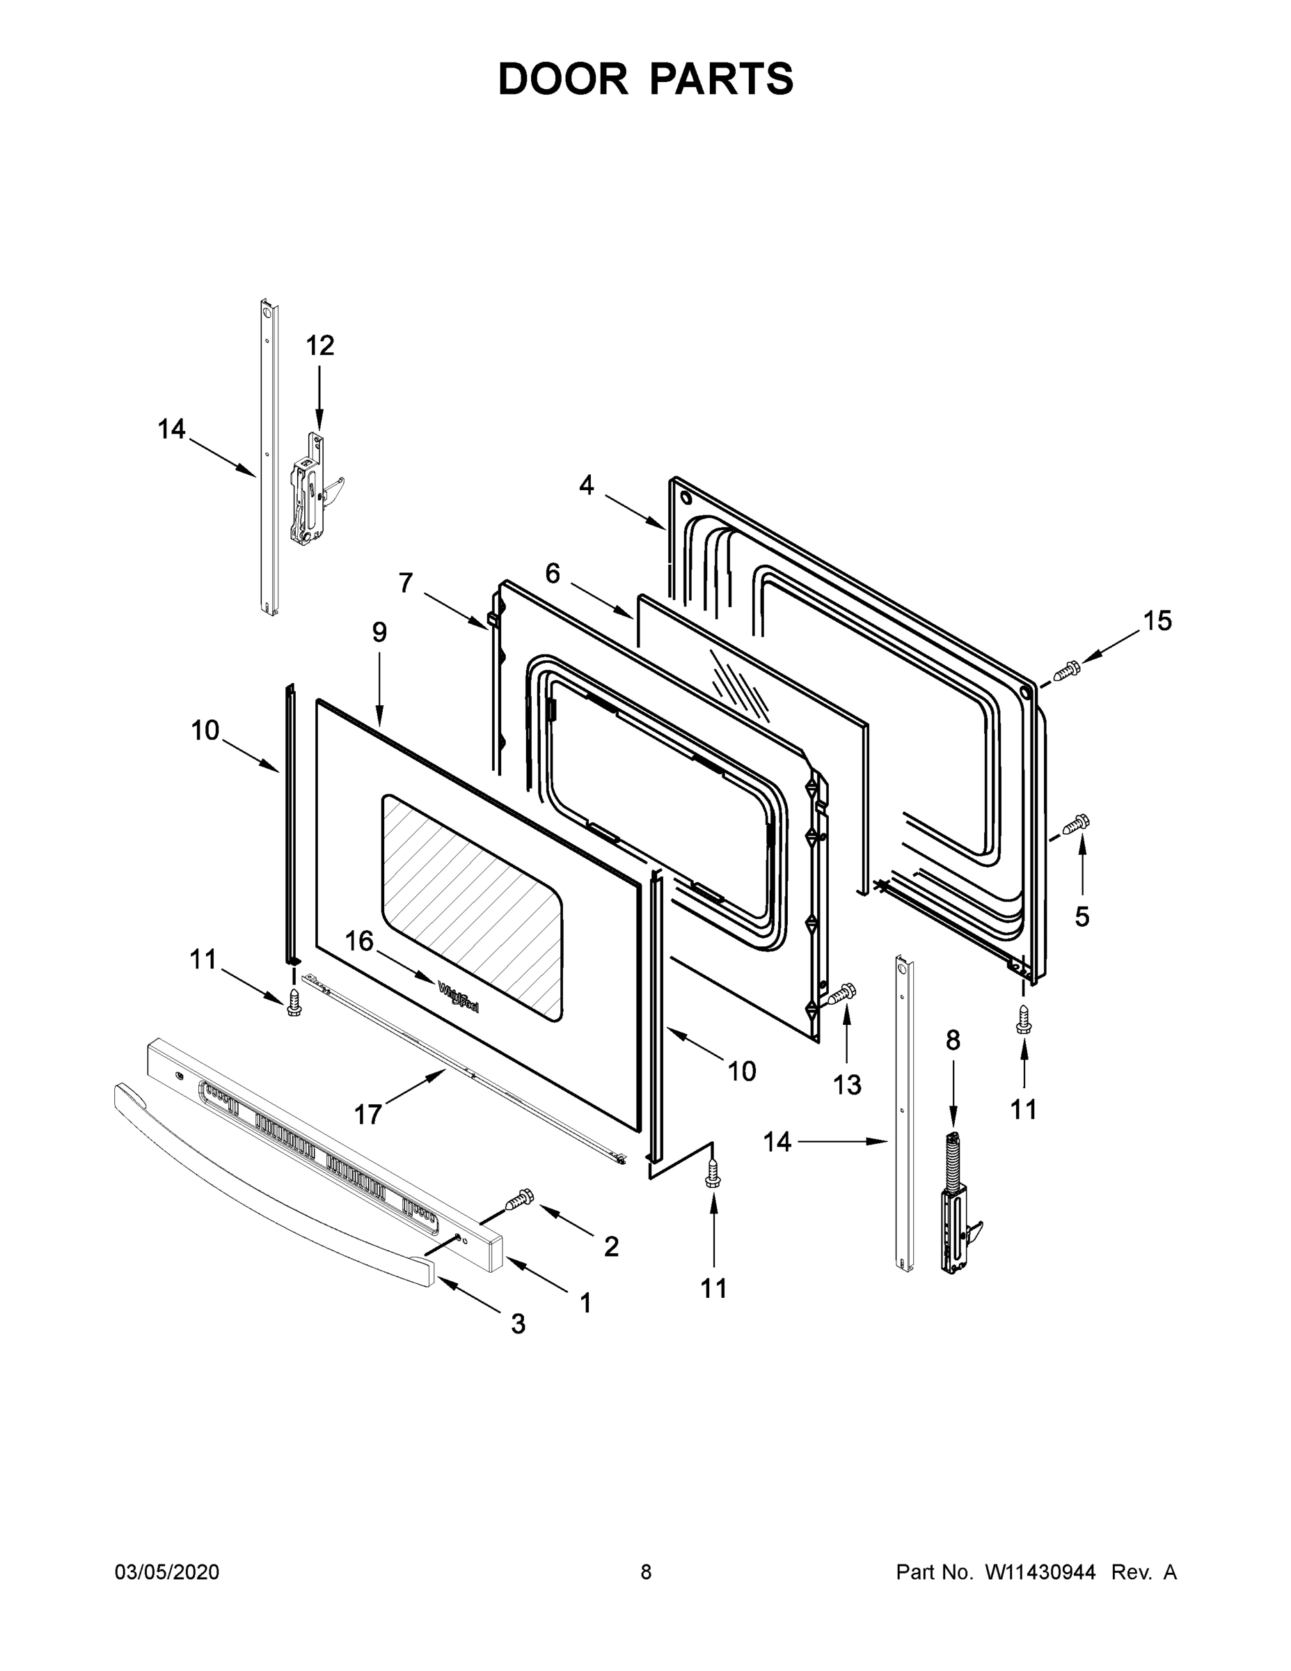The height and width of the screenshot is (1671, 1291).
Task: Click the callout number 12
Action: (x=319, y=346)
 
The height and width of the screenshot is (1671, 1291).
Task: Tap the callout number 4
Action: (x=586, y=485)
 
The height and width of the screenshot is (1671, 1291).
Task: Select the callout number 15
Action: (x=1157, y=620)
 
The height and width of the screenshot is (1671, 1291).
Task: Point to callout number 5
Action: (x=1082, y=916)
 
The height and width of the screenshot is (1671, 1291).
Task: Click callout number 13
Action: (x=847, y=1084)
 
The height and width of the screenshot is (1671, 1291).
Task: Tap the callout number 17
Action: (x=368, y=1115)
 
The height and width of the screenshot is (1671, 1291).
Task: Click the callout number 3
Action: (x=518, y=1324)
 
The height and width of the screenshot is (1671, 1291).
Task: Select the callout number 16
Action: (x=358, y=941)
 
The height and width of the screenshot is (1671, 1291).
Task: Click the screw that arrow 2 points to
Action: (x=520, y=1198)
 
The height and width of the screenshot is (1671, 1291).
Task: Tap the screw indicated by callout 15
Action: (x=1066, y=672)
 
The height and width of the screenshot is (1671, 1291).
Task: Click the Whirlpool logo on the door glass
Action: (x=459, y=998)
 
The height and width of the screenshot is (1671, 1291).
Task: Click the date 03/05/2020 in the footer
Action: (x=167, y=1572)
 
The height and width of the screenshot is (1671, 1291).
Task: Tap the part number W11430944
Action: (x=1040, y=1572)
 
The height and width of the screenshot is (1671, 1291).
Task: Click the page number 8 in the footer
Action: (x=646, y=1572)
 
